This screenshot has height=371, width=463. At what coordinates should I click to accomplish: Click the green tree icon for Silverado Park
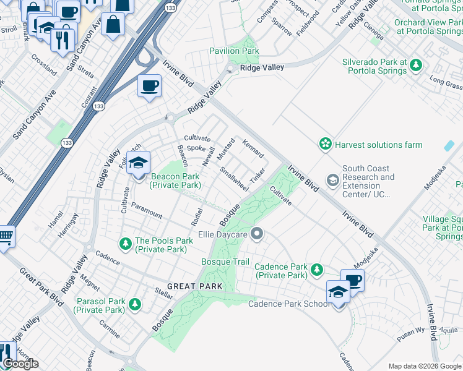417,65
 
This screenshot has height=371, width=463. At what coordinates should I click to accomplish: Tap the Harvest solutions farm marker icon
325,144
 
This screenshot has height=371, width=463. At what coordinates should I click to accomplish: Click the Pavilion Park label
234,51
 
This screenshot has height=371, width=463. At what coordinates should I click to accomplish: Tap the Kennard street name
254,148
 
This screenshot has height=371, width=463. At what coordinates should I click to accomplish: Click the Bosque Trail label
225,262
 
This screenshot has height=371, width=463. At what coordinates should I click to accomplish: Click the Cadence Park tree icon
317,270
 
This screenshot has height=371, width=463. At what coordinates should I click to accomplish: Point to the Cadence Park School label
289,304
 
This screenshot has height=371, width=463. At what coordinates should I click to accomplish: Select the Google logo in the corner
20,364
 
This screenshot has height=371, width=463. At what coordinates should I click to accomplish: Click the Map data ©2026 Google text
425,366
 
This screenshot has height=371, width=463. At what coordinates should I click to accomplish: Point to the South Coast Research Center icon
333,180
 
